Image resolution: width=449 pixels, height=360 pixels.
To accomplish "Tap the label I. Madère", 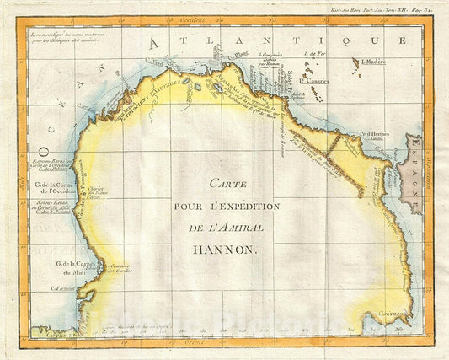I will pos(373,62).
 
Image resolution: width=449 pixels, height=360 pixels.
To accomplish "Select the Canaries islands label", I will pos(318,83).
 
